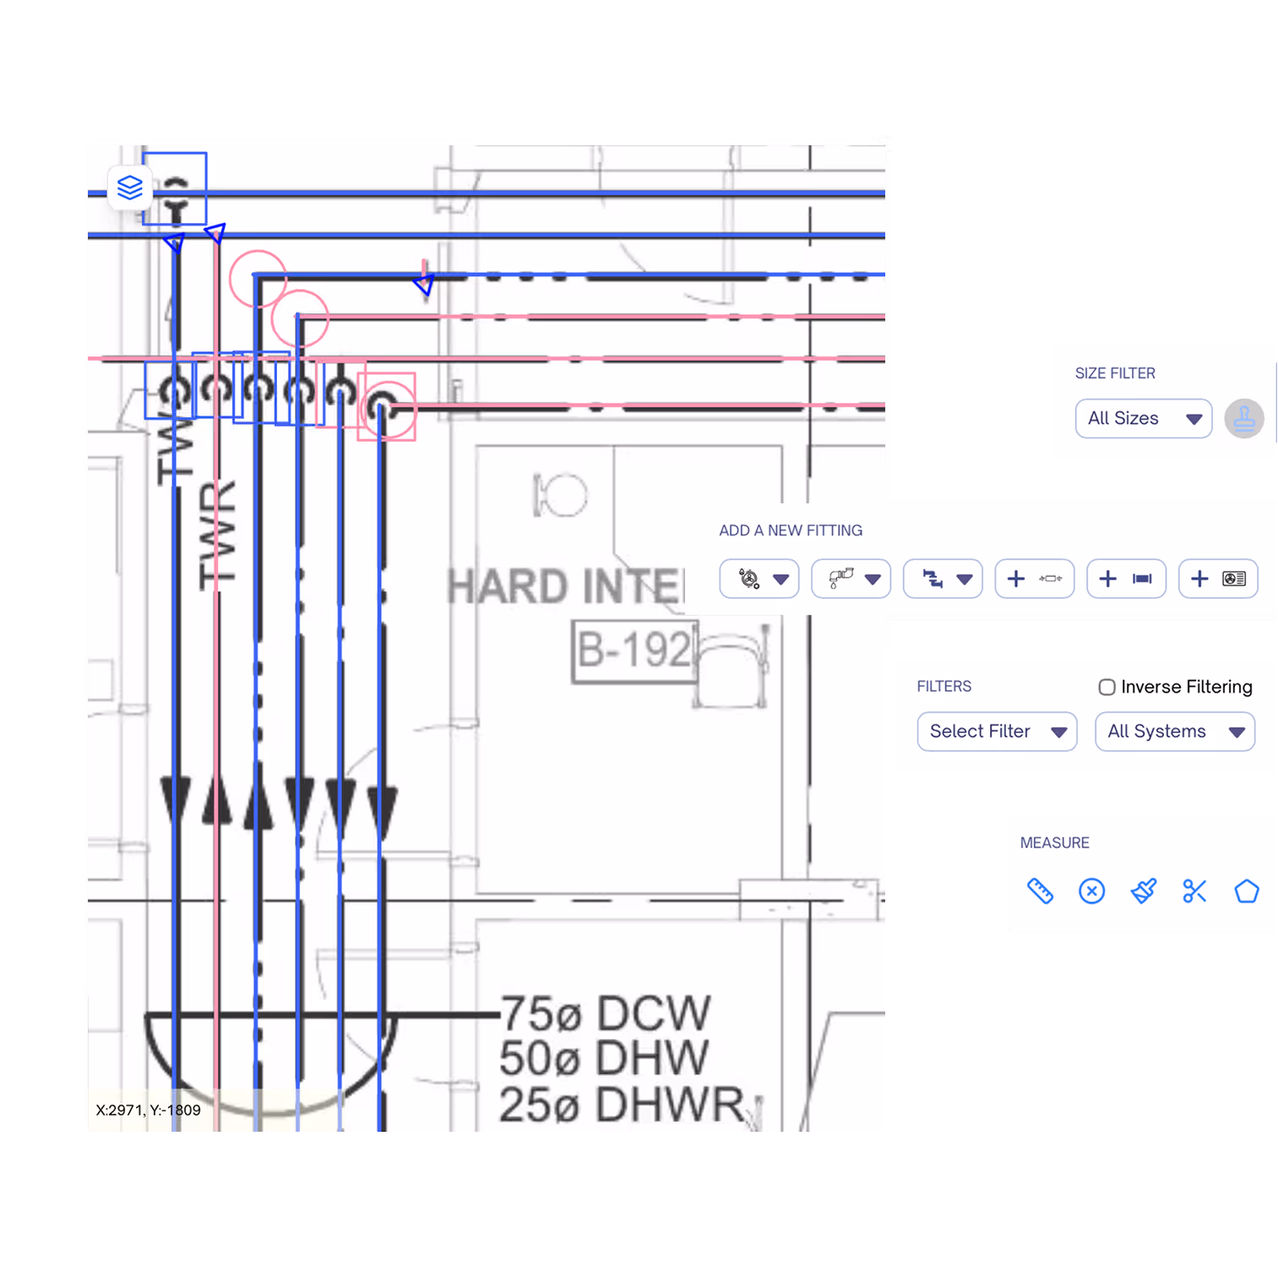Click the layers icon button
tap(129, 187)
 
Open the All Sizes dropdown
tap(1143, 419)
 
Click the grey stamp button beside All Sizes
tap(1244, 419)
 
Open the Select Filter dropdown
tap(997, 731)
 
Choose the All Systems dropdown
tap(1174, 731)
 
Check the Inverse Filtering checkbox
tap(1107, 687)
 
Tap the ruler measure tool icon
tap(1040, 891)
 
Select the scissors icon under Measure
tap(1194, 891)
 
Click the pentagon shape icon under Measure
tap(1247, 891)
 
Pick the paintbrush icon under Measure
tap(1143, 891)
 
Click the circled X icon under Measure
tap(1091, 891)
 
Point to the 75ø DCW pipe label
tap(605, 1013)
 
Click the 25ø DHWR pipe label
tap(622, 1105)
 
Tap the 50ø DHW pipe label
tap(603, 1058)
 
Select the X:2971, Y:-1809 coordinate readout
tap(149, 1111)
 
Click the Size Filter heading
tap(1115, 373)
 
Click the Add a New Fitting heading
tap(791, 530)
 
